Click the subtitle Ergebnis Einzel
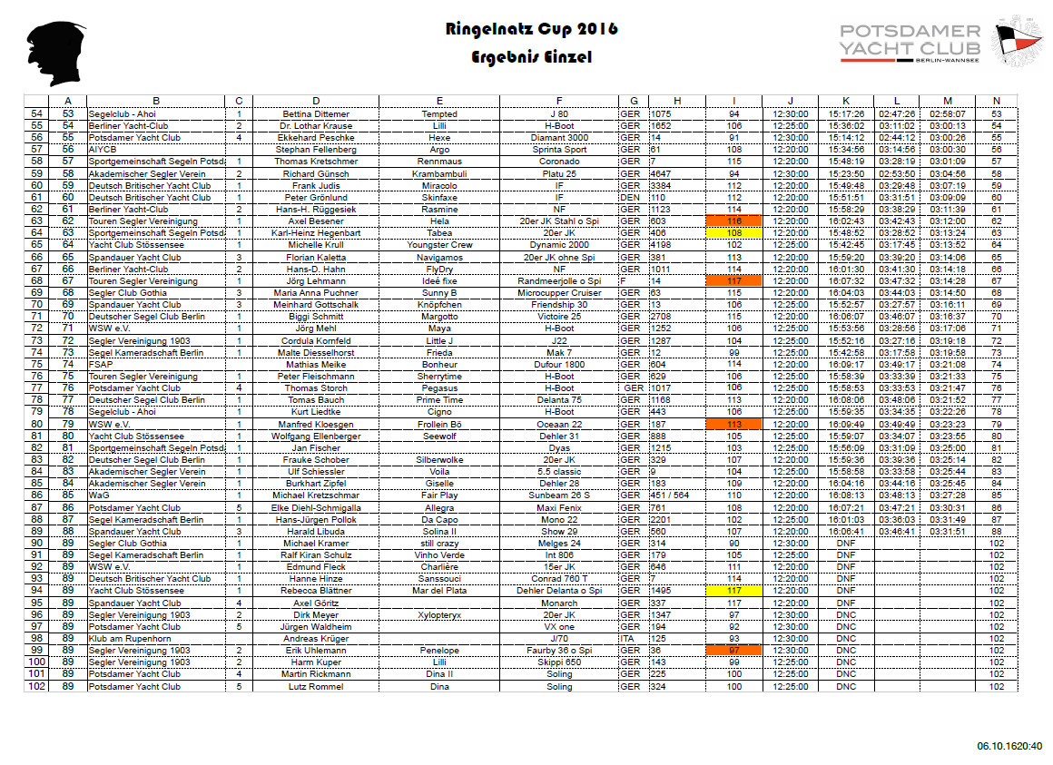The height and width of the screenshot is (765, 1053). point(531,57)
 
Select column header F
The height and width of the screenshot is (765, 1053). point(559,101)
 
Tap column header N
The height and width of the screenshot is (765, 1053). point(996,101)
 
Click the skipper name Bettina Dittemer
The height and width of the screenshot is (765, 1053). point(316,114)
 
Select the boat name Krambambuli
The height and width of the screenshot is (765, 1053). point(439,173)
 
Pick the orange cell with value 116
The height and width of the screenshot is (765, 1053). point(733,221)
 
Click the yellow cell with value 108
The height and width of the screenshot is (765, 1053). point(733,232)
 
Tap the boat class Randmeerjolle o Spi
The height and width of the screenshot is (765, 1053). point(559,281)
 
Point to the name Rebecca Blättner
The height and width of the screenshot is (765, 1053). point(316,591)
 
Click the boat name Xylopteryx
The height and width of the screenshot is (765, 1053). point(439,615)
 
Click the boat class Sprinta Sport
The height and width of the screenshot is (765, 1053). point(559,150)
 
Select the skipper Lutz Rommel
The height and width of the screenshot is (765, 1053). point(316,687)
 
